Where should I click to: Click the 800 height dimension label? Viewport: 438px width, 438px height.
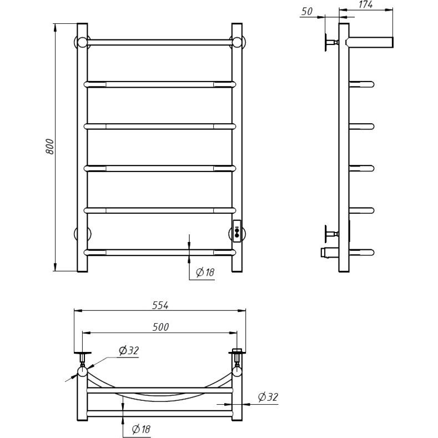[x=50, y=147]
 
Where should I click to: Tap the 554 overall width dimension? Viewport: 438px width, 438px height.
[x=160, y=305]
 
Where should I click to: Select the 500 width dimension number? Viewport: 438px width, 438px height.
[x=160, y=327]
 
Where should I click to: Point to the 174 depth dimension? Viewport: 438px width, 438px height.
[x=366, y=4]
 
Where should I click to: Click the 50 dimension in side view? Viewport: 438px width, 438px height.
[x=307, y=11]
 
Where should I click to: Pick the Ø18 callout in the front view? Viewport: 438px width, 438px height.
[x=205, y=272]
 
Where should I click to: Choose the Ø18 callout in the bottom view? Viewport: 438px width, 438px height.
[x=141, y=429]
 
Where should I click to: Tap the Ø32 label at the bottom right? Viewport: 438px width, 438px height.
[x=268, y=397]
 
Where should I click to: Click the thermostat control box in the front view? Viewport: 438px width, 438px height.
[x=237, y=231]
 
